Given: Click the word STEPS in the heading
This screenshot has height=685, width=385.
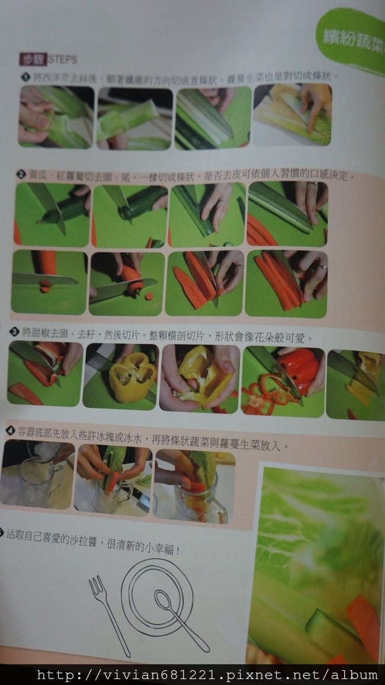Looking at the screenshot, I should pos(62,60).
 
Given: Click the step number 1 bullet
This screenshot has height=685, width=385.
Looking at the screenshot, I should pos(25,77).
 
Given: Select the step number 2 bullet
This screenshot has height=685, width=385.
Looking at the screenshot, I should pos(21,174).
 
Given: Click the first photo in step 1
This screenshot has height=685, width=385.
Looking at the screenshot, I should pos(56,117).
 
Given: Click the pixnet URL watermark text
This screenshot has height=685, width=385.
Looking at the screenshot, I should pos(207,674).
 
